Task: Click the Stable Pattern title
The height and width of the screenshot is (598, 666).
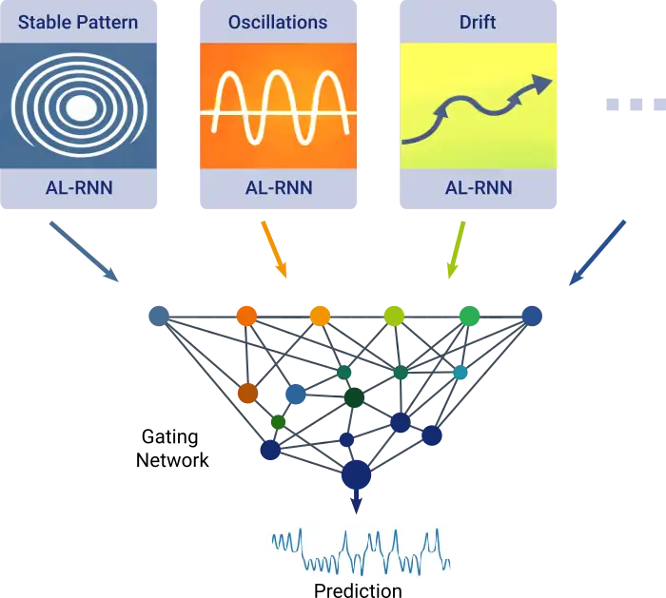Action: (x=78, y=21)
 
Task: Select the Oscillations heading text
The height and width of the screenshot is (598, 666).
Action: (x=277, y=21)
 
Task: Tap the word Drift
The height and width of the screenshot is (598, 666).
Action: (x=477, y=21)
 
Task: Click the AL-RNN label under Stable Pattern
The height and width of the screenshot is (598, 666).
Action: (x=78, y=187)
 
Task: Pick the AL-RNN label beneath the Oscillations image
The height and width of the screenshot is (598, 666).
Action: (x=277, y=187)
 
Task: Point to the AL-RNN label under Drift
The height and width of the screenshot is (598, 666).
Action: (x=478, y=187)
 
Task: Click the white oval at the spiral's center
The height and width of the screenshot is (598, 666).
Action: (x=81, y=110)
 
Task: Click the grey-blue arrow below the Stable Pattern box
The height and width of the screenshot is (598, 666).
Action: (x=84, y=254)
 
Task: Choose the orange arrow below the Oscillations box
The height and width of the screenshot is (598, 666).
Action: (x=273, y=251)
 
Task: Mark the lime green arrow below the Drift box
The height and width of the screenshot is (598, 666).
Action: (x=455, y=251)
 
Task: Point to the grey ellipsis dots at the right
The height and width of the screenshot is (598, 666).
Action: (x=633, y=103)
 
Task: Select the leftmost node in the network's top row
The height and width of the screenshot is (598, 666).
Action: (x=157, y=316)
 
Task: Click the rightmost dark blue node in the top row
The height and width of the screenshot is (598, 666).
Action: (x=531, y=316)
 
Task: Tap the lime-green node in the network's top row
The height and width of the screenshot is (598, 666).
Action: (x=393, y=315)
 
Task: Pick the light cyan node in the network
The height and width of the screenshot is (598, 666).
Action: (x=460, y=373)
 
